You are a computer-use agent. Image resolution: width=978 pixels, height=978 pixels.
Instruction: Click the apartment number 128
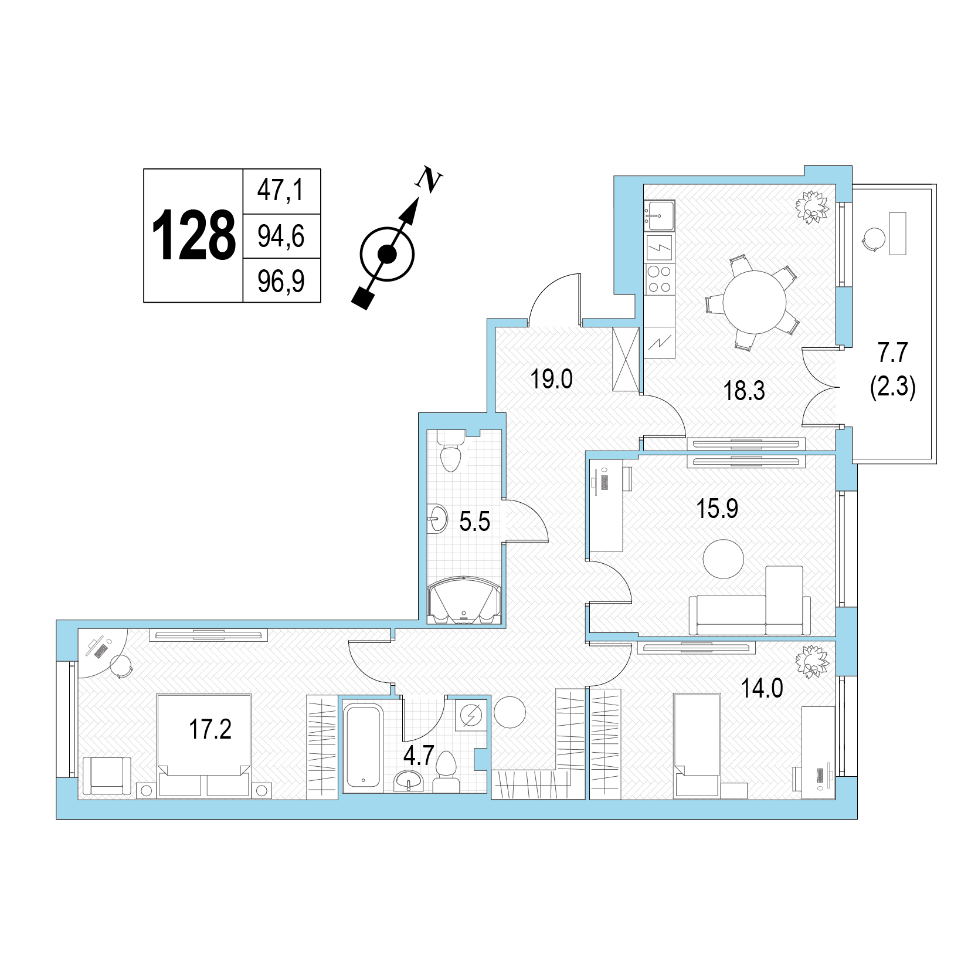[193, 236]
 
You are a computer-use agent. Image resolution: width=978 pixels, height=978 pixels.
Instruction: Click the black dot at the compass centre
[386, 254]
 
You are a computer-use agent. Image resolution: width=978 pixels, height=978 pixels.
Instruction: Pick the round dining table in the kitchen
[754, 302]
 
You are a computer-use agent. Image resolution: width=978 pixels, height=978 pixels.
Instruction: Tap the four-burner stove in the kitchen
[660, 279]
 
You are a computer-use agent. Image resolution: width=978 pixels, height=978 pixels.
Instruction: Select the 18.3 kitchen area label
[744, 390]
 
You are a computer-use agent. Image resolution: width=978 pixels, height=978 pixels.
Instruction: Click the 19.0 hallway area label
[551, 379]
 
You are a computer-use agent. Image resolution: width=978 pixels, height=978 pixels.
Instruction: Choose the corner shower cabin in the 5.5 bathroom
[464, 601]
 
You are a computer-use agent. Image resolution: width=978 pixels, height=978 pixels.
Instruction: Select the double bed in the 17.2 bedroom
[204, 746]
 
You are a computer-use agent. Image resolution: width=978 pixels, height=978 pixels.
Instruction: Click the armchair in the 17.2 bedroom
[107, 777]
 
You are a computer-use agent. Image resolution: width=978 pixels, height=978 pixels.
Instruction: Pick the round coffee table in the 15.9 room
[724, 559]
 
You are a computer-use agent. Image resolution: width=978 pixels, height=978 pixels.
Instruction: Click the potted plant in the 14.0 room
[813, 661]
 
